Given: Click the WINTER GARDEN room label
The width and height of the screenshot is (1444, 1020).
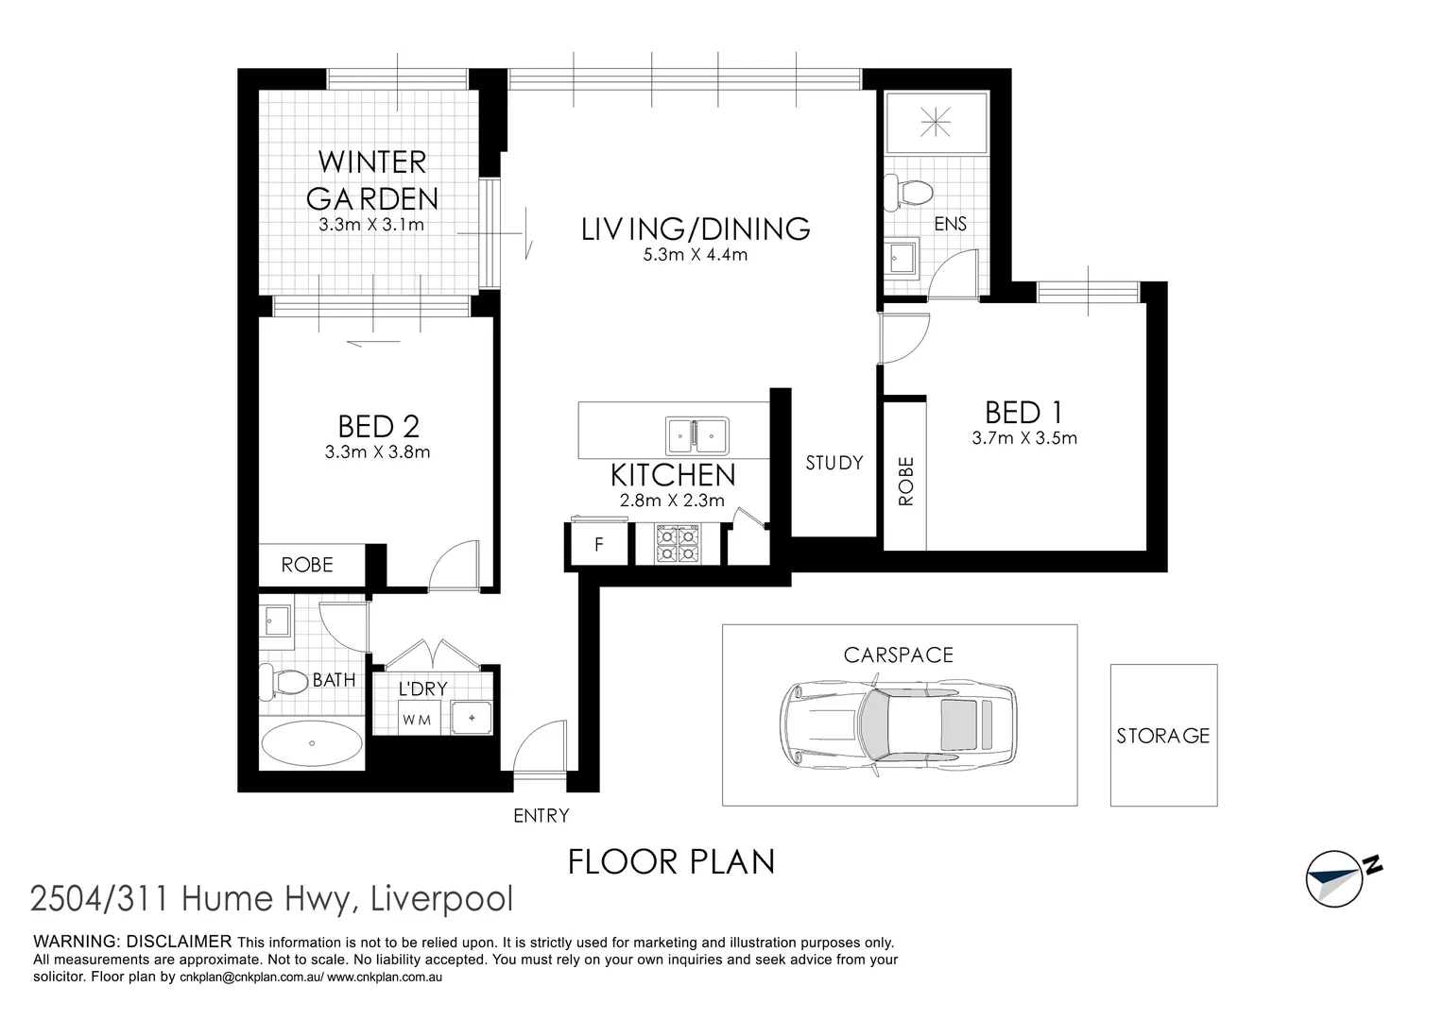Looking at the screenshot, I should tap(372, 179).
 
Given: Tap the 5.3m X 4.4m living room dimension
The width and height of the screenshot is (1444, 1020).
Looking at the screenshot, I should tap(695, 254).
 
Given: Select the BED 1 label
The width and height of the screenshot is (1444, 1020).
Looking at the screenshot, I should tap(1023, 413).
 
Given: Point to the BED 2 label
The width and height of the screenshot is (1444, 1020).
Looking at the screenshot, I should tap(378, 427).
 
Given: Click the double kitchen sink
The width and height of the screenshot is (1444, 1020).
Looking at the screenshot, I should tap(696, 435).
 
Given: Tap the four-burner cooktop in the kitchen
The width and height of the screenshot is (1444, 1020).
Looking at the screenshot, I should tap(678, 545).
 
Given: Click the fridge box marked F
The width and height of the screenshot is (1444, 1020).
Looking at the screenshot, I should tap(598, 545).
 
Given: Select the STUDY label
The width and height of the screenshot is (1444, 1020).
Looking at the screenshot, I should tap(834, 463).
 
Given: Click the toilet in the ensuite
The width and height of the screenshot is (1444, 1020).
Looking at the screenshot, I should tap(909, 192).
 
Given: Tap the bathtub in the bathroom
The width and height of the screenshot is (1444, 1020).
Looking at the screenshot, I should tap(311, 744).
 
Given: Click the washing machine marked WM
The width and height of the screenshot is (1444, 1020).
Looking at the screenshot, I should tap(417, 719).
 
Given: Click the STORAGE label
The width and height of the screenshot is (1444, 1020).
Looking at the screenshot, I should tap(1162, 736).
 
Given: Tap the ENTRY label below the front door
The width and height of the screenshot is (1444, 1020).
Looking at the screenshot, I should tap(541, 815).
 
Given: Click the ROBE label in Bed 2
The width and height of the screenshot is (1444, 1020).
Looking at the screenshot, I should tap(307, 565).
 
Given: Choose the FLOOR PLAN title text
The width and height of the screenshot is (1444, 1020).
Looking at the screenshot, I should tap(671, 861).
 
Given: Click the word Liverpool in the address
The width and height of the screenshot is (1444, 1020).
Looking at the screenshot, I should tap(443, 899).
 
